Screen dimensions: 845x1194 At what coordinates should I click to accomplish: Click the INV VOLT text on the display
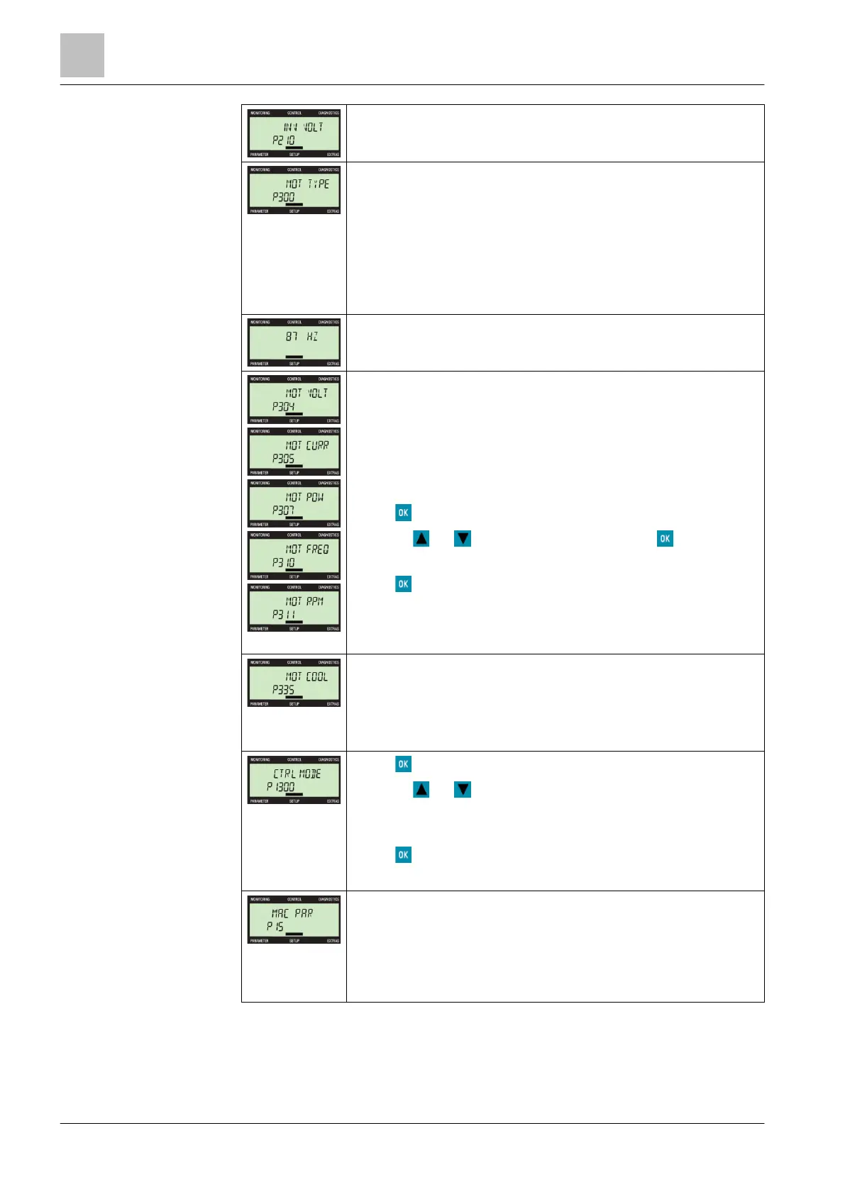[x=303, y=128]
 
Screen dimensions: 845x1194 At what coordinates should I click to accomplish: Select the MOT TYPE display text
[x=307, y=184]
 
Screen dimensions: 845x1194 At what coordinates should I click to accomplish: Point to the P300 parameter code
[x=283, y=197]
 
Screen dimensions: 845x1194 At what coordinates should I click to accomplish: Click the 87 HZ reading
[x=302, y=337]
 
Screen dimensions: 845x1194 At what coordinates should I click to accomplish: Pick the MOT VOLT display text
[x=306, y=393]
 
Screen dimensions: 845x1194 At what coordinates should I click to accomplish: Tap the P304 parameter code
[x=283, y=406]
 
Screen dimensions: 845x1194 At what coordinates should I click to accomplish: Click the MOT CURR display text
[x=307, y=445]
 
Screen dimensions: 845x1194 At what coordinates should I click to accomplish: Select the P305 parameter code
[x=283, y=459]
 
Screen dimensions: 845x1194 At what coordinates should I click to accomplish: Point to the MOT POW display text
[x=304, y=497]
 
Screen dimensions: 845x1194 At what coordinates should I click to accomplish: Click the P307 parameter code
[x=283, y=510]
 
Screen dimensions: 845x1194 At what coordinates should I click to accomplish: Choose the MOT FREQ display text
[x=307, y=549]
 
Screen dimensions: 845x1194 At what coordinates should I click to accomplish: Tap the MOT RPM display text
[x=304, y=601]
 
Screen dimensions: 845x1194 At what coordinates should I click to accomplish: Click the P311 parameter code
[x=283, y=615]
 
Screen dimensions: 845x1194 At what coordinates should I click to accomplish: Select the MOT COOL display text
[x=306, y=676]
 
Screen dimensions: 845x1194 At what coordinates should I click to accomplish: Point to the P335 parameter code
[x=283, y=690]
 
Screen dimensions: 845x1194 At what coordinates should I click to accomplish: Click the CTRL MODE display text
[x=297, y=774]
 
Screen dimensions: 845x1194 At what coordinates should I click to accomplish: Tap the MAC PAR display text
[x=292, y=913]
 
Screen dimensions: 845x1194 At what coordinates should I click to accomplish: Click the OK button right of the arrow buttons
[x=665, y=539]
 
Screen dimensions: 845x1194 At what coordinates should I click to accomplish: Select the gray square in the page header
[x=82, y=55]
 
